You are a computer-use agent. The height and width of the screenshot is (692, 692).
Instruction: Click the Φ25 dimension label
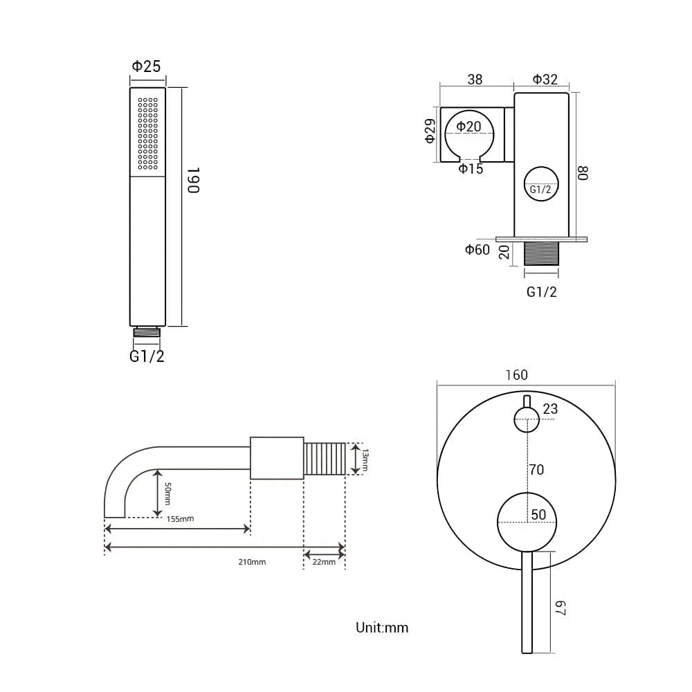[x=146, y=66]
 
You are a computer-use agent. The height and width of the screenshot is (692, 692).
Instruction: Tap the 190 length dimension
[x=193, y=180]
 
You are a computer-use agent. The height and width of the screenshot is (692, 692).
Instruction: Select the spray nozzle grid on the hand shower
[x=147, y=134]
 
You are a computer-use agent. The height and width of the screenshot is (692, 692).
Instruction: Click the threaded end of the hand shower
[x=147, y=332]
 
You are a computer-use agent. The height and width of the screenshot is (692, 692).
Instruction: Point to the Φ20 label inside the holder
[x=468, y=127]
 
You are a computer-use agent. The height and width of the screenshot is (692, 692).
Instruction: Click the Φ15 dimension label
[x=471, y=169]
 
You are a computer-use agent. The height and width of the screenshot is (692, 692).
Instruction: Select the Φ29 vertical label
[x=430, y=131]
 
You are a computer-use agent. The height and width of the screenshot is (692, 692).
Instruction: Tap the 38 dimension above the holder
[x=475, y=80]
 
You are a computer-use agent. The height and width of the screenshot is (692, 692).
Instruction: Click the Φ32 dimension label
[x=545, y=80]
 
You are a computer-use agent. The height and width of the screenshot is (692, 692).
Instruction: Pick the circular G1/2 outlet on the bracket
[x=541, y=184]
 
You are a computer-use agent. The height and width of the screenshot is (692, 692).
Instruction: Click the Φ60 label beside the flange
[x=477, y=250]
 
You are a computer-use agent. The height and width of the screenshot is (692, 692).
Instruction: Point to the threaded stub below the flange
[x=541, y=254]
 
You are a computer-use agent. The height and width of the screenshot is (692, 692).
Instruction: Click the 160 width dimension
[x=516, y=375]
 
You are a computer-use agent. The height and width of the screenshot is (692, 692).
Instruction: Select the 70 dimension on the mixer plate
[x=537, y=470]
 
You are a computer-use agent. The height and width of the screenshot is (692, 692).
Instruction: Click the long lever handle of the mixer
[x=527, y=602]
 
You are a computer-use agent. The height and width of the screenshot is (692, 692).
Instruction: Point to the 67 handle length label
[x=560, y=608]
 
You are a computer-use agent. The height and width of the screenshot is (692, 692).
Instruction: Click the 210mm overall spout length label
[x=252, y=562]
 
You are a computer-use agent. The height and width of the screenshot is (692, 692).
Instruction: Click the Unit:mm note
[x=382, y=628]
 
